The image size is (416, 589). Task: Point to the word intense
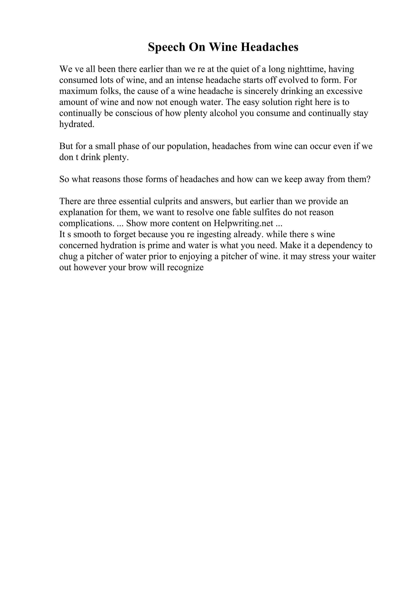(x=190, y=80)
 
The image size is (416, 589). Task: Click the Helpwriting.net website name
(x=243, y=223)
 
